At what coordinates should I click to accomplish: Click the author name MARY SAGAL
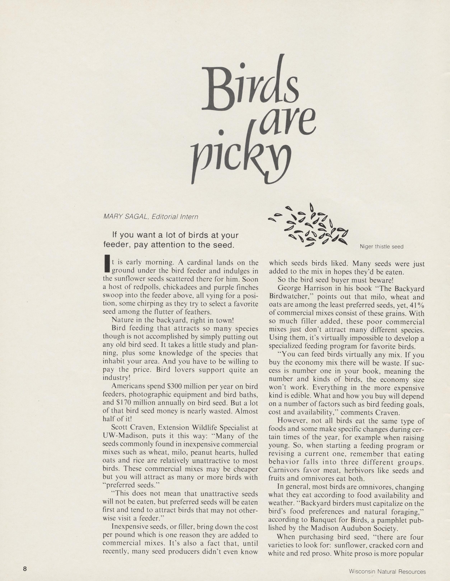coord(126,217)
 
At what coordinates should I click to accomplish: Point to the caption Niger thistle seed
coord(382,247)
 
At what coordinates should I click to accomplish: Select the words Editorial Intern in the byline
coord(175,217)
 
